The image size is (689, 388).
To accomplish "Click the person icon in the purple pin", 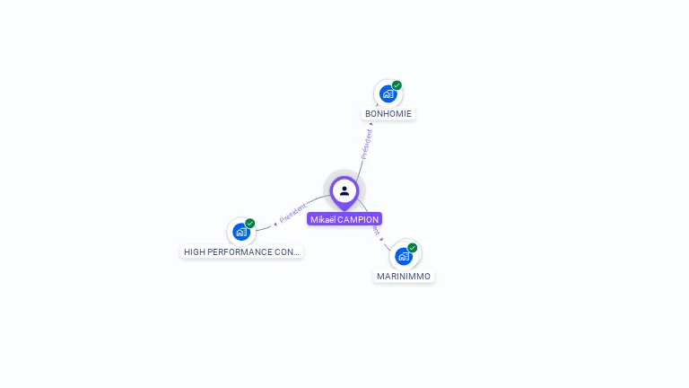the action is coord(344,190).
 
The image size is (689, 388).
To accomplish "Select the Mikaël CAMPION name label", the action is coord(344,219).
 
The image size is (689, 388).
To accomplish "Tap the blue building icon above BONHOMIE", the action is coord(388,93).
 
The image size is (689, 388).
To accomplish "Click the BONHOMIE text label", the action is coord(388,114).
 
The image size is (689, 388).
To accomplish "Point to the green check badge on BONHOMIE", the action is coord(397,85).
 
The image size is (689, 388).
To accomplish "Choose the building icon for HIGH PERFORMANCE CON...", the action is coord(240,232).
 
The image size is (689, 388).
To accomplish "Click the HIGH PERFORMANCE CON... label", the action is coord(241,252).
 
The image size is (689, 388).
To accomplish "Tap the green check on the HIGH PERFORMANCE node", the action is coord(250,224).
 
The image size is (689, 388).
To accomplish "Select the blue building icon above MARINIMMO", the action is coord(404,256).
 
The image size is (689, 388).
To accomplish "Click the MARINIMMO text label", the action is coord(404,277).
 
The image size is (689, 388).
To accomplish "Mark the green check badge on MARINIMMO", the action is coord(413,248).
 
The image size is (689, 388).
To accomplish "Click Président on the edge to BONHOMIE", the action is coord(366,144).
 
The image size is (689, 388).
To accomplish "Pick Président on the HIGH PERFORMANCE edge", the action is coord(293,214).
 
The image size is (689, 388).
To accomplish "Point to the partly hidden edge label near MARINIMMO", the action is coord(376,232).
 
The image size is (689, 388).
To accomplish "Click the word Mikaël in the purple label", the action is coord(323,219).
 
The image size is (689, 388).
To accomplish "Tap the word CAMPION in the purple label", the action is coord(358,219).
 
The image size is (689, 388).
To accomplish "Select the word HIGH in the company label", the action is coord(195,252).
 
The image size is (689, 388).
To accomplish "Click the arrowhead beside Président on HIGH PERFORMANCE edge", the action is coord(275,223).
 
